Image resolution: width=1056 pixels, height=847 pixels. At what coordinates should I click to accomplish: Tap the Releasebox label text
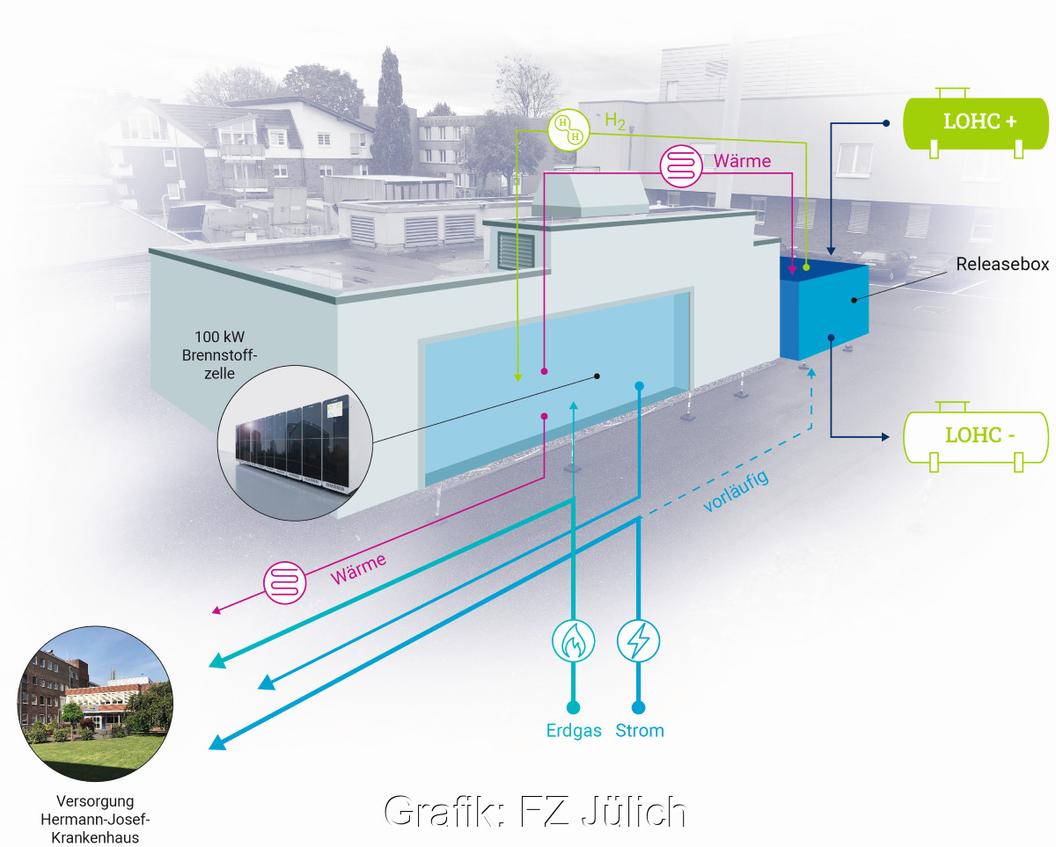[x=1003, y=264]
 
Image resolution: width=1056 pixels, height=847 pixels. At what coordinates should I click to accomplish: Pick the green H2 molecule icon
[x=565, y=129]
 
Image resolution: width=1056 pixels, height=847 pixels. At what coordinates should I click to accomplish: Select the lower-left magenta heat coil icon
[x=285, y=581]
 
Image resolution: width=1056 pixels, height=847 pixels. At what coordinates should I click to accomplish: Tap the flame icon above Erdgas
[x=573, y=640]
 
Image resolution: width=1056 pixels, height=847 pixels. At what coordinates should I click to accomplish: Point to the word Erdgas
[x=573, y=731]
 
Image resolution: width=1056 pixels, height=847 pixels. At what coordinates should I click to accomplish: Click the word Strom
[x=640, y=731]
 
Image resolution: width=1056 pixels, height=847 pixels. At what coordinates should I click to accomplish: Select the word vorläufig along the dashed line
[x=736, y=492]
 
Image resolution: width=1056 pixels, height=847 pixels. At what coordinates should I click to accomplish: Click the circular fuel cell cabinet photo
[x=295, y=440]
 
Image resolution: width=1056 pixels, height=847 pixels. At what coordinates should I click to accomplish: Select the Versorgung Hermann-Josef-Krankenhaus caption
[x=95, y=820]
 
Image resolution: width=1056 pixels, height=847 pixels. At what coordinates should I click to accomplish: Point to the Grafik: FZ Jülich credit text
[x=535, y=811]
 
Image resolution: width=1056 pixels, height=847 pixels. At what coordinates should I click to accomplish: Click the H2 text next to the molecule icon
[x=615, y=122]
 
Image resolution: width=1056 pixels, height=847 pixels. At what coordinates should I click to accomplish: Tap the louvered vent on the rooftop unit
[x=516, y=250]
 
